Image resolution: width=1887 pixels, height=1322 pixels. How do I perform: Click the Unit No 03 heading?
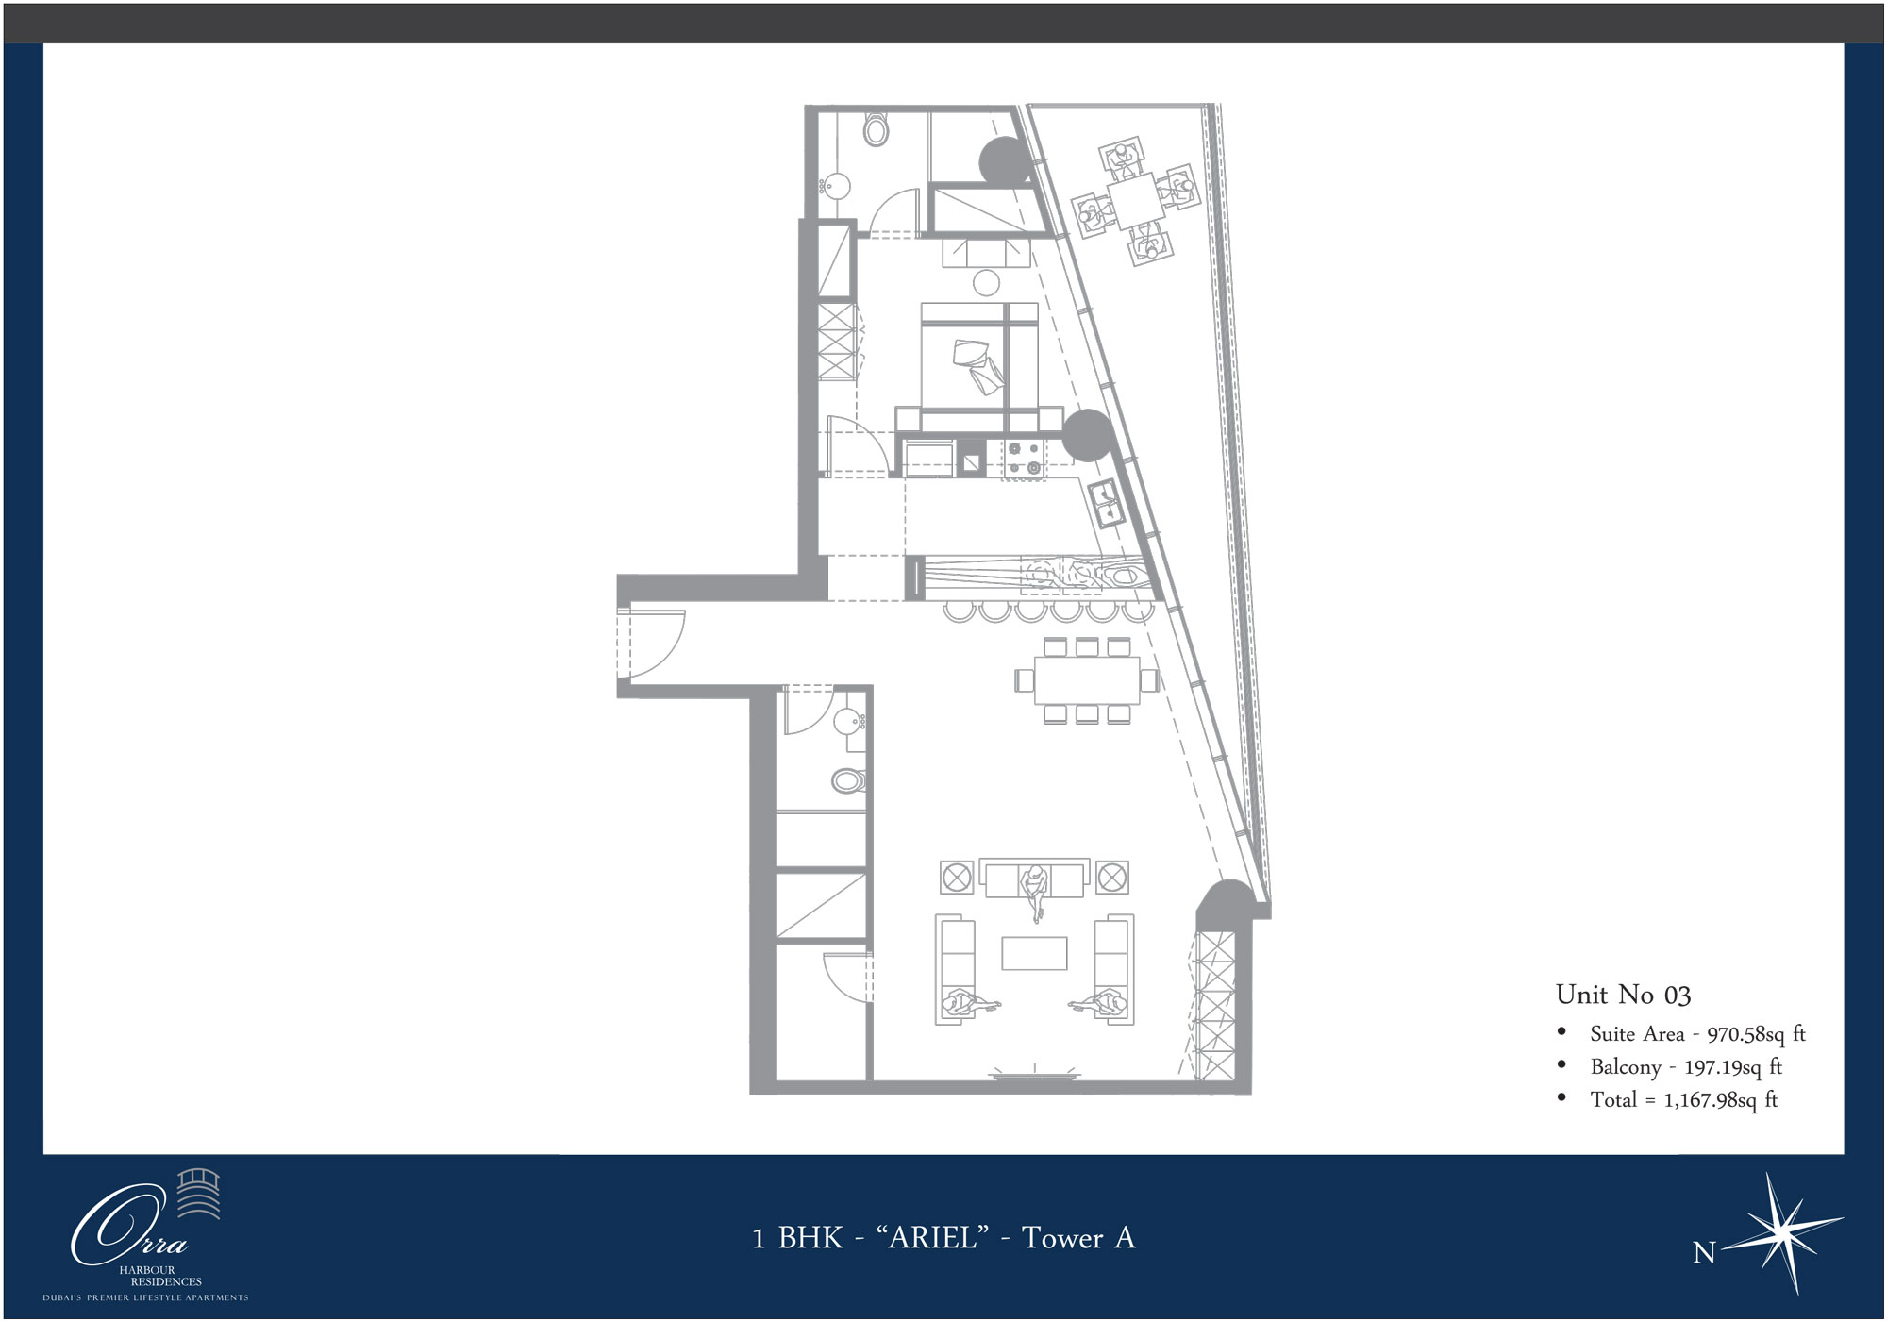point(1623,995)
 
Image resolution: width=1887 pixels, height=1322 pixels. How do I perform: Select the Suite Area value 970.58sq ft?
point(1756,1034)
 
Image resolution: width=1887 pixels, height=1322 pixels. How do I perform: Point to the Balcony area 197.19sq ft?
point(1733,1067)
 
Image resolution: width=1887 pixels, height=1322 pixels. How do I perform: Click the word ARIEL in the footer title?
point(933,1237)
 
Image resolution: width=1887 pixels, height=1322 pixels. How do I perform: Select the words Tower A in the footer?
point(1078,1237)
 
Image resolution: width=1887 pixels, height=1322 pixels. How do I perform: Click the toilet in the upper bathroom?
point(876,129)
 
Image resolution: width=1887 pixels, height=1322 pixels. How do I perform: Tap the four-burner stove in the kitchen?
point(1024,459)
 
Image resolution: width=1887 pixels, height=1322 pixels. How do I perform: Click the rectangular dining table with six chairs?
point(1087,680)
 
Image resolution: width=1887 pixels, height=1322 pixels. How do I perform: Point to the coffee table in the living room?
point(1034,953)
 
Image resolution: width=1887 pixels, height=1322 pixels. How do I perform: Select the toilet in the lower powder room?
point(849,780)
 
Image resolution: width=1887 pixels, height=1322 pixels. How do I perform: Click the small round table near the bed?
point(987,282)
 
